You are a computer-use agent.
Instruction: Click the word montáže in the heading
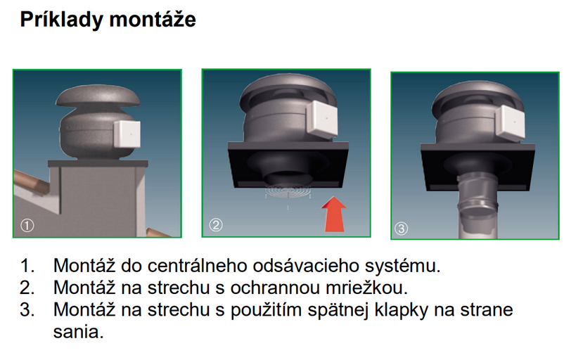153,19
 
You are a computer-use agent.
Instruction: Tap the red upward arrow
334,214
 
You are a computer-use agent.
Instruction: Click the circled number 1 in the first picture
27,226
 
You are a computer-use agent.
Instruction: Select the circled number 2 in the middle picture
216,225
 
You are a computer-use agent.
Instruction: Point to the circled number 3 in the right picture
402,228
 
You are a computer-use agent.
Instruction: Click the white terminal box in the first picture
127,134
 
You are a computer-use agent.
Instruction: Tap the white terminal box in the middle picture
322,118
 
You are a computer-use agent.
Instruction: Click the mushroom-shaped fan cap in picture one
98,96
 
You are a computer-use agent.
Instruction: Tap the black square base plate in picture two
288,164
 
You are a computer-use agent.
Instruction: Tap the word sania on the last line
79,332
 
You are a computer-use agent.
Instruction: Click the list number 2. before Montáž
27,288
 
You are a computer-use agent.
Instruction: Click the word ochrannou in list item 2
275,288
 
